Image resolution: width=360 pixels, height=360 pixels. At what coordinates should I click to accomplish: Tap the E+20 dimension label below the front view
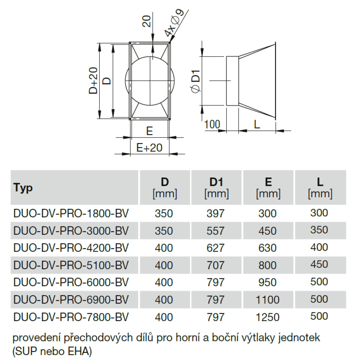point(149,148)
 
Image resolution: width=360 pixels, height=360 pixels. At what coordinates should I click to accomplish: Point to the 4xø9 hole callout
point(174,23)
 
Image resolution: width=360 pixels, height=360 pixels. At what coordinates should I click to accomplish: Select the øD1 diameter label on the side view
point(195,81)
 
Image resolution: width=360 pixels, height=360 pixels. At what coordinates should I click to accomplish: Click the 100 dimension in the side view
point(212,125)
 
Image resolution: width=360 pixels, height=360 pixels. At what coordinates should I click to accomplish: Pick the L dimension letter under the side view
point(257,125)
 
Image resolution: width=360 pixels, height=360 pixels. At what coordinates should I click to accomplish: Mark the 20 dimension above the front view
point(147,21)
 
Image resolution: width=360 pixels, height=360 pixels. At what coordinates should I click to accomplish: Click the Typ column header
point(23,188)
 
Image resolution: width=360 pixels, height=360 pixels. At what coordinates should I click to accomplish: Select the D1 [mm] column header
point(216,188)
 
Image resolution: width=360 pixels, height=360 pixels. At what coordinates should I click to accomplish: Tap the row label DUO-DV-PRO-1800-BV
point(71,213)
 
